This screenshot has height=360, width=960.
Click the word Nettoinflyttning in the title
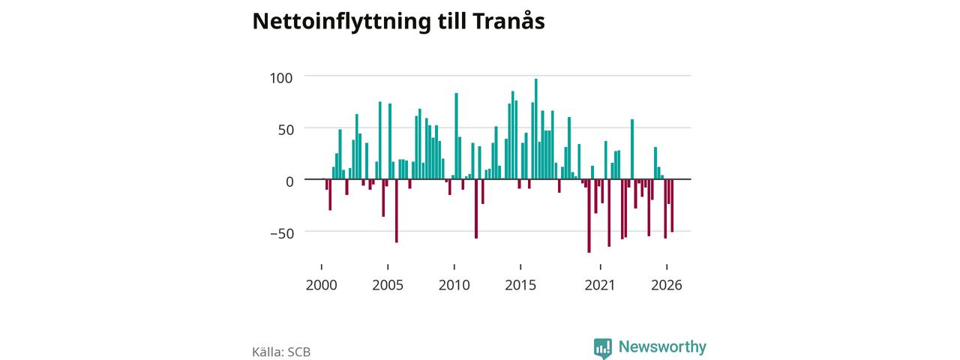(x=341, y=22)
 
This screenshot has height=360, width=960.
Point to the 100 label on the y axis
(x=281, y=78)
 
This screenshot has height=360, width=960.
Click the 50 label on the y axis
(x=286, y=130)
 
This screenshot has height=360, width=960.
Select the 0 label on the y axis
(x=289, y=181)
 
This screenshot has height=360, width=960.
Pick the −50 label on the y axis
(x=283, y=233)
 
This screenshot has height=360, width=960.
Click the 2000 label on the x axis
(x=322, y=285)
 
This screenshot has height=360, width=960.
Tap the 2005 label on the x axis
(x=388, y=285)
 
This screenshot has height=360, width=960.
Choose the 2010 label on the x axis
(x=454, y=285)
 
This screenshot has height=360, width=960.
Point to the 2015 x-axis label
(x=520, y=285)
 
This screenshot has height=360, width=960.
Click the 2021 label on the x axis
(x=600, y=285)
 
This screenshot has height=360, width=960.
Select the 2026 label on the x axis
(x=667, y=285)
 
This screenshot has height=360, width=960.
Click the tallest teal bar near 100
(x=535, y=129)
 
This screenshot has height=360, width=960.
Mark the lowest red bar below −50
(x=589, y=216)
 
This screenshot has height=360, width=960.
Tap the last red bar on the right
(x=673, y=205)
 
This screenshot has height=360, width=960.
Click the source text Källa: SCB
(x=281, y=352)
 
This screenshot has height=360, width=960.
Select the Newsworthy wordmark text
(x=662, y=346)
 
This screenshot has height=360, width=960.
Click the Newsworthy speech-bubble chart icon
(x=602, y=348)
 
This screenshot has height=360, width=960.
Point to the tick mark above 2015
(x=520, y=267)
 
